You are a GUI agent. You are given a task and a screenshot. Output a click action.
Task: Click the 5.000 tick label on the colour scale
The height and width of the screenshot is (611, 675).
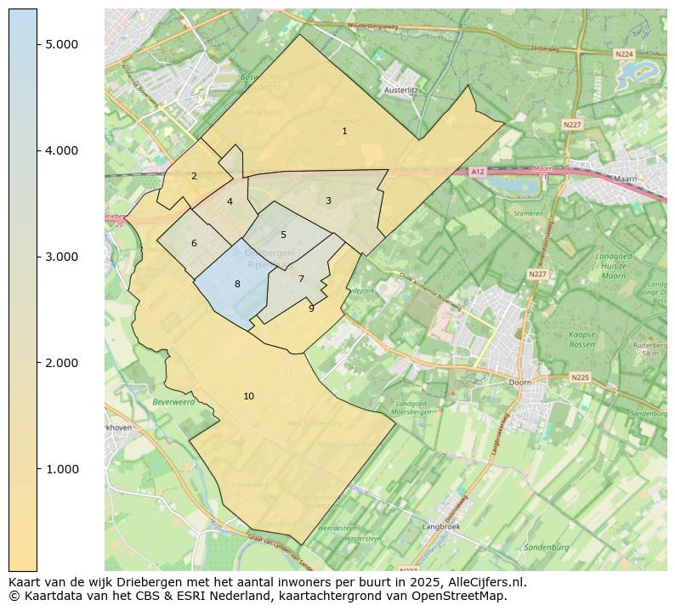coord(62,44)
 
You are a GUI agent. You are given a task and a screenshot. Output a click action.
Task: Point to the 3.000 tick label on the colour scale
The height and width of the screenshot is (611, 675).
coord(62,257)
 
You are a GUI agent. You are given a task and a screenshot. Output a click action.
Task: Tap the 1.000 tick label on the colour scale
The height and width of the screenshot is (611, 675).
coord(62,469)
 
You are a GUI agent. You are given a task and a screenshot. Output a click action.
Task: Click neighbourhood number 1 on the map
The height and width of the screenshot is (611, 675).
coord(344,132)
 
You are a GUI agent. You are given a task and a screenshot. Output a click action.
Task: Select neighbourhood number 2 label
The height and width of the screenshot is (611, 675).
coord(194,177)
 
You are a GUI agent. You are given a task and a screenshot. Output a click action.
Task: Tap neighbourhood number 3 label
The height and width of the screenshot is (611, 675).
coord(328,201)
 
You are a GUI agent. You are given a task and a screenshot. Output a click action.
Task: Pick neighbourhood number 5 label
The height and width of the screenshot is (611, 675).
coord(283,235)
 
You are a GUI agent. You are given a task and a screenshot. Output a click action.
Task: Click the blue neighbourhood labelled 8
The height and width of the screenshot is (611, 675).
coord(237,284)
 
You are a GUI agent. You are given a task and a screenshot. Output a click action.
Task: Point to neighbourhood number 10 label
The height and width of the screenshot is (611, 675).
coord(248,397)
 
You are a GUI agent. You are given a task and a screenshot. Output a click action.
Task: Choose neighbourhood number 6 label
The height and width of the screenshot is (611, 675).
coord(194,244)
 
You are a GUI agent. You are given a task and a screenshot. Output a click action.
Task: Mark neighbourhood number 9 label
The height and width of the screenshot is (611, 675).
coord(311,308)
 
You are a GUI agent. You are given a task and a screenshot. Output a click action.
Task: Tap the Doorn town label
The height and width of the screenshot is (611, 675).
coord(520,382)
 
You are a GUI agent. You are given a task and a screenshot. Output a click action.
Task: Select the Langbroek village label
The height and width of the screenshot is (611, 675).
coord(441,527)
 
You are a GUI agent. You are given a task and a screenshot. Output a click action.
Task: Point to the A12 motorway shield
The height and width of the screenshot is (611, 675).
coord(478,172)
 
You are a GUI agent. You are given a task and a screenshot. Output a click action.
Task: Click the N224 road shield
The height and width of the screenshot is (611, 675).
coord(624,54)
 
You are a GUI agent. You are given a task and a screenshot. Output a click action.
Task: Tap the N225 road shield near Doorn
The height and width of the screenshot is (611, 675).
coord(580,377)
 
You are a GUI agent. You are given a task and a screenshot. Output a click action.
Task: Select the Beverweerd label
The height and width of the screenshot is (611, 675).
coord(173,401)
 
